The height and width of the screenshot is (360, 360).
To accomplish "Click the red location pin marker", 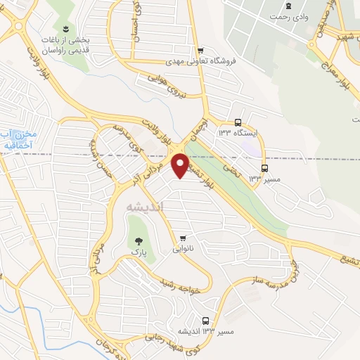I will (x=181, y=165).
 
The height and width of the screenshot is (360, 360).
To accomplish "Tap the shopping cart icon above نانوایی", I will (x=184, y=238).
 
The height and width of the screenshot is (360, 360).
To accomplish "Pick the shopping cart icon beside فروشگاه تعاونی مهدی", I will (x=201, y=51).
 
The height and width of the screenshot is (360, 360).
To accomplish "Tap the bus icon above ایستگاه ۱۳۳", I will (x=238, y=121).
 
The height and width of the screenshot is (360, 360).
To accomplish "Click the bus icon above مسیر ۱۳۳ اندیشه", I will (x=205, y=320).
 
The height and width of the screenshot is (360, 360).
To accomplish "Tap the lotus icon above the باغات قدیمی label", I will (x=65, y=28).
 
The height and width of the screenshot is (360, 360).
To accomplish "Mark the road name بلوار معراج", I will (x=345, y=70).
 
